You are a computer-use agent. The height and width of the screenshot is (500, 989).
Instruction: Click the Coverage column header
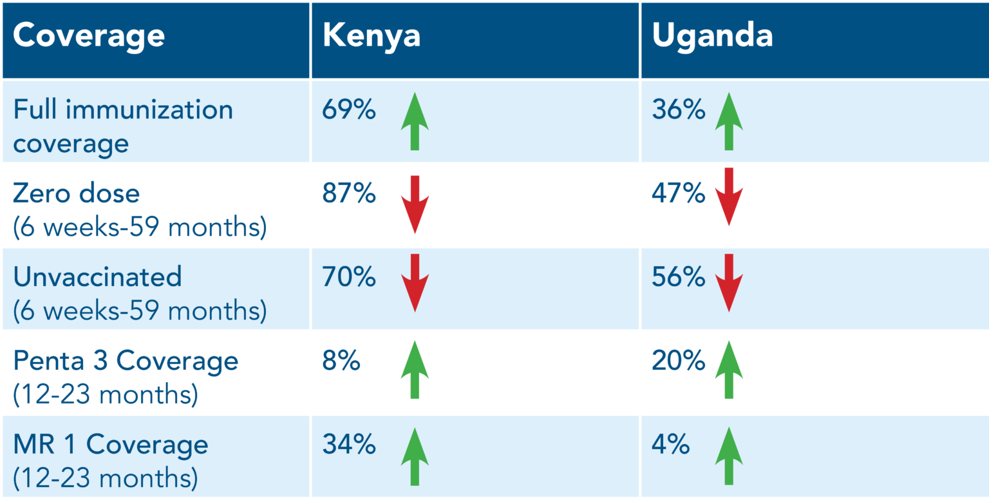tap(89, 36)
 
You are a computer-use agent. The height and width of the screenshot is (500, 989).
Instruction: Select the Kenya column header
tap(372, 36)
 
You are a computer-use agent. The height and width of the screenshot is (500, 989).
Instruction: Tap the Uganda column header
tap(712, 36)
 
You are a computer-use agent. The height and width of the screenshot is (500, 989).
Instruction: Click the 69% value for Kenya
tap(349, 110)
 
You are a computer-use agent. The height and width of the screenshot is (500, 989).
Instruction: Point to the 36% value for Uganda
tap(679, 110)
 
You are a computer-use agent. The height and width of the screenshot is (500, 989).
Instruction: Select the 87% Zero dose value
tap(349, 193)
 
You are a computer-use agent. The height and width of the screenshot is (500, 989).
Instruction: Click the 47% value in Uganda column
tap(679, 193)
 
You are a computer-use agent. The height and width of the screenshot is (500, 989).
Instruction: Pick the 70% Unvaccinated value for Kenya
tap(349, 277)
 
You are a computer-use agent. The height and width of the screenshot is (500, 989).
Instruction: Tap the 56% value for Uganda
tap(679, 277)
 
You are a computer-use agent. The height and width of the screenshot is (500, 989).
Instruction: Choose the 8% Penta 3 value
tap(341, 361)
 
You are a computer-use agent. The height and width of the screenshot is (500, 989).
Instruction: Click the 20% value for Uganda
tap(679, 361)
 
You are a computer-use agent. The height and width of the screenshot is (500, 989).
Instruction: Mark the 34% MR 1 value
tap(349, 445)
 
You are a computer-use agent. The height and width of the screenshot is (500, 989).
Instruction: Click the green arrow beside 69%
tap(415, 121)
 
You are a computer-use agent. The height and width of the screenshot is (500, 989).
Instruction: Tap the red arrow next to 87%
tap(415, 204)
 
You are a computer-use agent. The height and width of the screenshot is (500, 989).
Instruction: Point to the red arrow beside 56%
tap(729, 283)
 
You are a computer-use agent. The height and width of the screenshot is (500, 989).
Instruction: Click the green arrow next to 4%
tap(729, 456)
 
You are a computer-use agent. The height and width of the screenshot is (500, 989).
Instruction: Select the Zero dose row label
tap(76, 193)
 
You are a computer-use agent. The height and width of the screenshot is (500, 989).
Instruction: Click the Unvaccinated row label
tap(97, 277)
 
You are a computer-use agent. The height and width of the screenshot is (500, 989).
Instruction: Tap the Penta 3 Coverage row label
tap(126, 361)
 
